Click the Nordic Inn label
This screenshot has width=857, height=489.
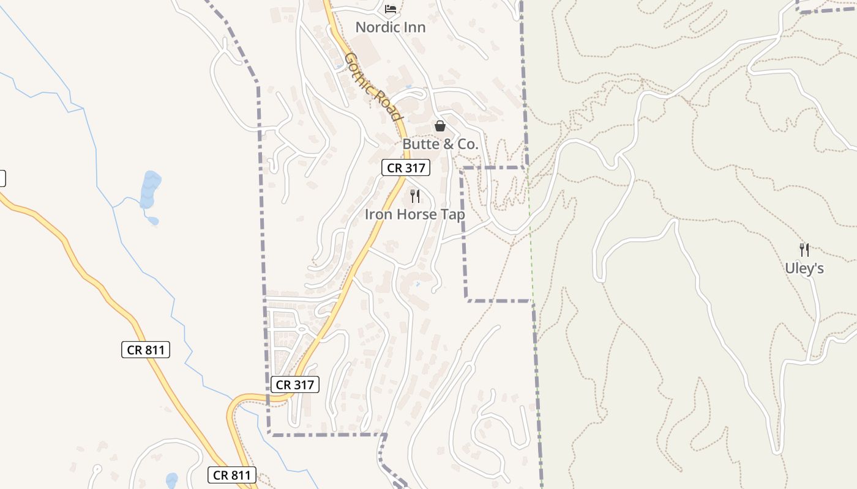click(x=390, y=28)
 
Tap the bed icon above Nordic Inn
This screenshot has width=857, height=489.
click(x=390, y=9)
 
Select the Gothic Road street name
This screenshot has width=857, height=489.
click(x=373, y=87)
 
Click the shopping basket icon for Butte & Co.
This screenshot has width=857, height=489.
click(x=440, y=126)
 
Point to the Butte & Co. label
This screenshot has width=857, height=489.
click(x=440, y=144)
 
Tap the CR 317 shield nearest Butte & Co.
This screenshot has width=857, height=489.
click(x=406, y=167)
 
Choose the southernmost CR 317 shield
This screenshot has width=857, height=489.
click(x=294, y=384)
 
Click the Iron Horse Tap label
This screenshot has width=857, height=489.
click(x=414, y=215)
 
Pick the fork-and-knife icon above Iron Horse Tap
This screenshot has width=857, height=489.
click(x=414, y=196)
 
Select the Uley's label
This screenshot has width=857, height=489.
click(x=804, y=268)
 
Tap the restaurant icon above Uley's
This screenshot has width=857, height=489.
click(x=804, y=249)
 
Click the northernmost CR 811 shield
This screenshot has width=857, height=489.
click(x=145, y=350)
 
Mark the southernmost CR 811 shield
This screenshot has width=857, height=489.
click(x=231, y=475)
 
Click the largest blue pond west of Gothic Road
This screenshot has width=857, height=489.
click(x=150, y=189)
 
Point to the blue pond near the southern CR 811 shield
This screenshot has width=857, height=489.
click(x=171, y=480)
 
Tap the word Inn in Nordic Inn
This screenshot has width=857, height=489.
click(x=414, y=28)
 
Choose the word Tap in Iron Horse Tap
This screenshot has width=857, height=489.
click(x=453, y=215)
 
